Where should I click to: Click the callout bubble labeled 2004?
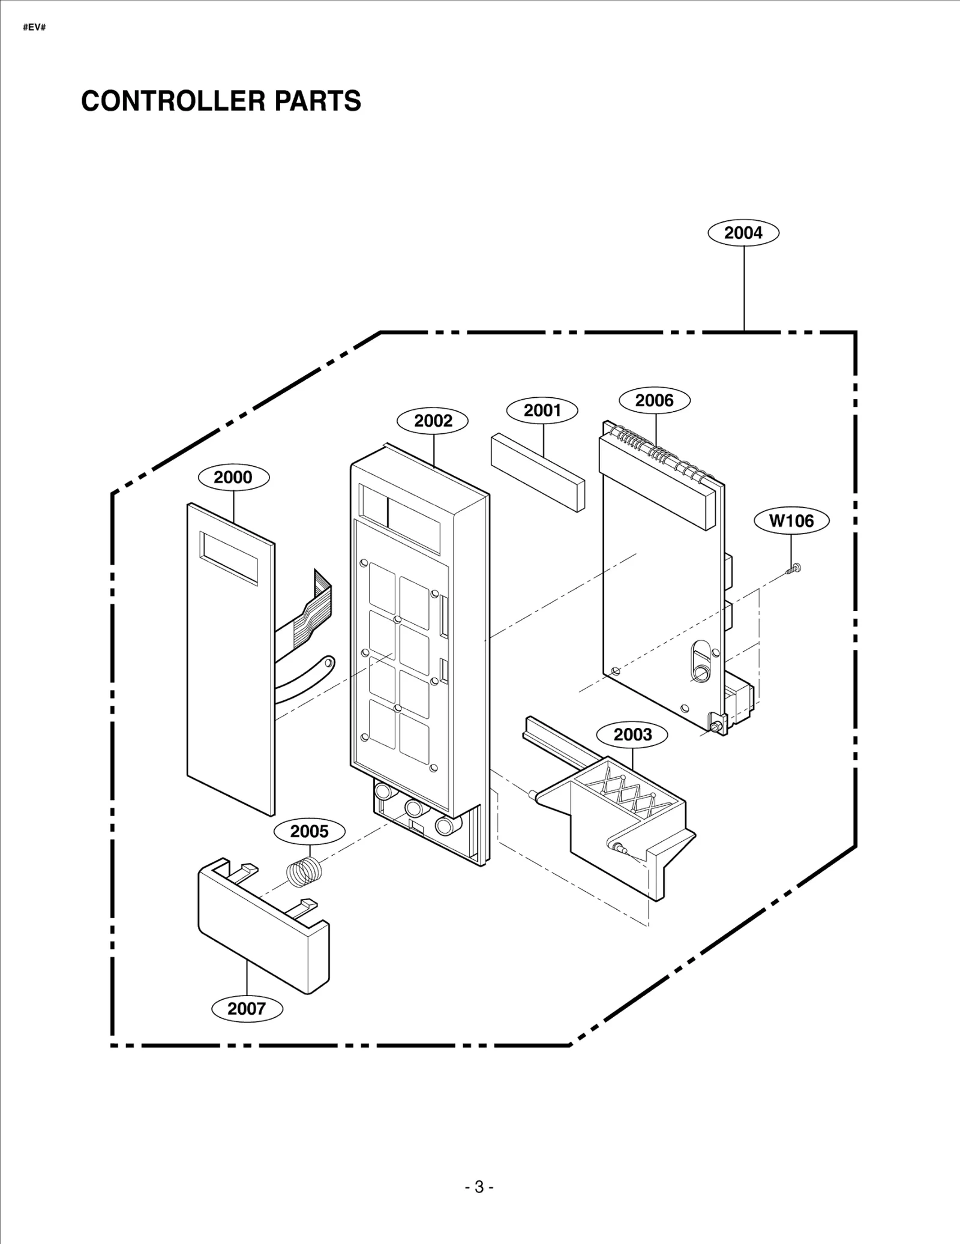(743, 233)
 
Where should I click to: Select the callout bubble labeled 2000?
(233, 477)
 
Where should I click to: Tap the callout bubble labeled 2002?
(433, 421)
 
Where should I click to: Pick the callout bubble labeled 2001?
(542, 410)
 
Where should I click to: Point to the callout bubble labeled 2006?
(654, 400)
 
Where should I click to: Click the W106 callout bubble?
(791, 521)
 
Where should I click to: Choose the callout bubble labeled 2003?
(632, 735)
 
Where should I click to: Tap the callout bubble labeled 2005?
(309, 831)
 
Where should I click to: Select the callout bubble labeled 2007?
(246, 1009)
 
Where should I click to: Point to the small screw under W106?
(793, 569)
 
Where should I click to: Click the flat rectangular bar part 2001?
(537, 473)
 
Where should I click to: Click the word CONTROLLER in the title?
(173, 101)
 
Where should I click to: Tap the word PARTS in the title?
(317, 101)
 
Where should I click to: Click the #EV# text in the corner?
(34, 28)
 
